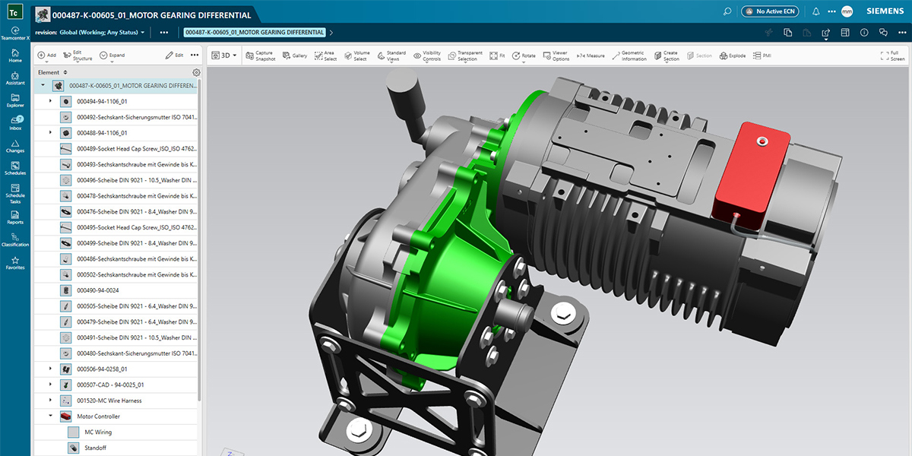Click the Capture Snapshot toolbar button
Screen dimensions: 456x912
tap(260, 55)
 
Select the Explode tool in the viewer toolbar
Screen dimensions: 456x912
tap(733, 55)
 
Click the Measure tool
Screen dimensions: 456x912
tap(591, 55)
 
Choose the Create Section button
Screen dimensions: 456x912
tap(667, 55)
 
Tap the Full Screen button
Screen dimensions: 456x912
tap(893, 55)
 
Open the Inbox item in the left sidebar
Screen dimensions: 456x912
tap(15, 122)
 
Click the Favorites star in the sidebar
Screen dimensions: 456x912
tap(15, 262)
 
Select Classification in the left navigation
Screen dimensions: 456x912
tap(15, 239)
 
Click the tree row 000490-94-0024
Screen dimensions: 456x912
tap(97, 290)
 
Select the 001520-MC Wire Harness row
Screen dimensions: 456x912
tap(109, 401)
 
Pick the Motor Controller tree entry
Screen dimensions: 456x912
tap(98, 416)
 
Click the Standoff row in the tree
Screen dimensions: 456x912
tap(95, 448)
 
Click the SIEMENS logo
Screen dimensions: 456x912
tap(885, 11)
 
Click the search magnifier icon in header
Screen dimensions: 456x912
tap(727, 11)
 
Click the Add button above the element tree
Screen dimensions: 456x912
tap(47, 55)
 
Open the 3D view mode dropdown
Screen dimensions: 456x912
tap(224, 55)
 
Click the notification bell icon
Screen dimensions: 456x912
tap(815, 11)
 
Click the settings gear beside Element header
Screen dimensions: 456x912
tap(196, 73)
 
